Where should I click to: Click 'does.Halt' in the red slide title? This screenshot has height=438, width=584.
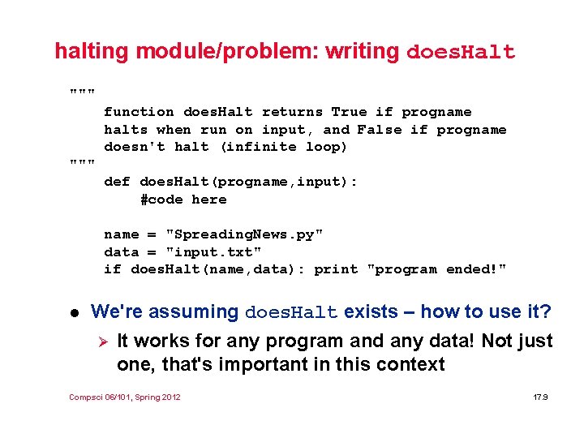click(460, 53)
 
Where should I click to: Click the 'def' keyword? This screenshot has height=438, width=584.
click(117, 182)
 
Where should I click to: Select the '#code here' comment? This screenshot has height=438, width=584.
click(183, 200)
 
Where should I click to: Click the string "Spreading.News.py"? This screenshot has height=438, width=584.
click(244, 234)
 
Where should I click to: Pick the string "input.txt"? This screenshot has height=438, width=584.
click(213, 252)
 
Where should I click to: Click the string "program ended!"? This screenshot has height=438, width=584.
click(436, 269)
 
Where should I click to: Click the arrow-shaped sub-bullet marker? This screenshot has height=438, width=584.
click(101, 341)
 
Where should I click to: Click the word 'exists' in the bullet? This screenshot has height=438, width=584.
click(372, 311)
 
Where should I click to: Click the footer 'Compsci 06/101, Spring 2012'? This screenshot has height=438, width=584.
click(125, 397)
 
